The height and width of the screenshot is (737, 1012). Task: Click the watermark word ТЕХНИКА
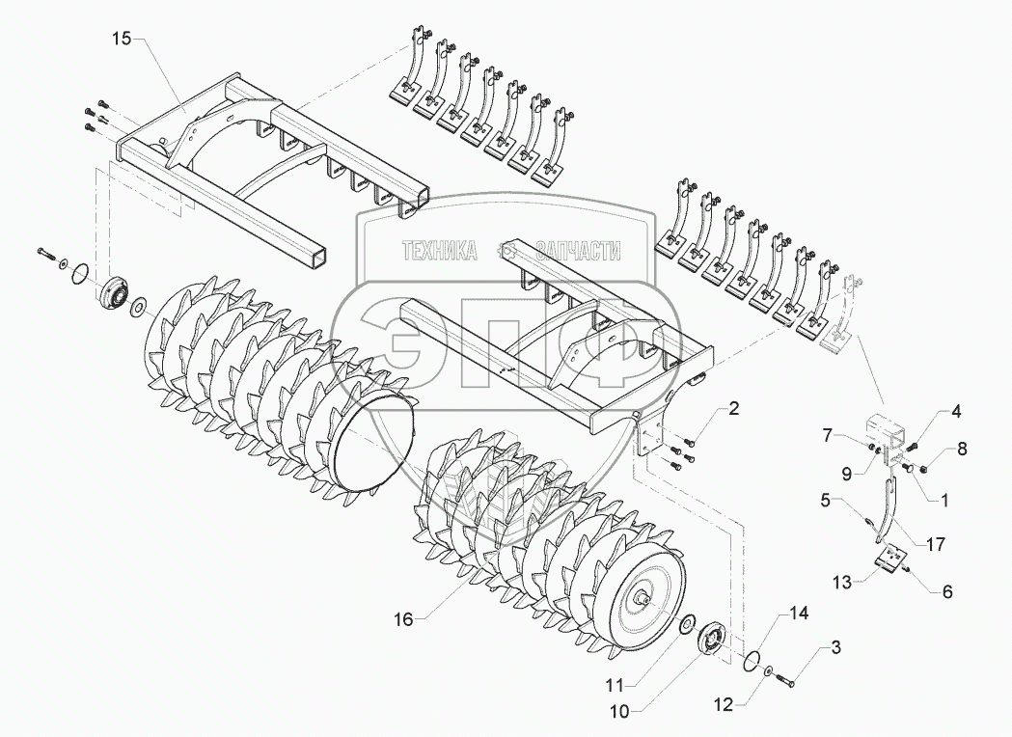coord(441,252)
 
